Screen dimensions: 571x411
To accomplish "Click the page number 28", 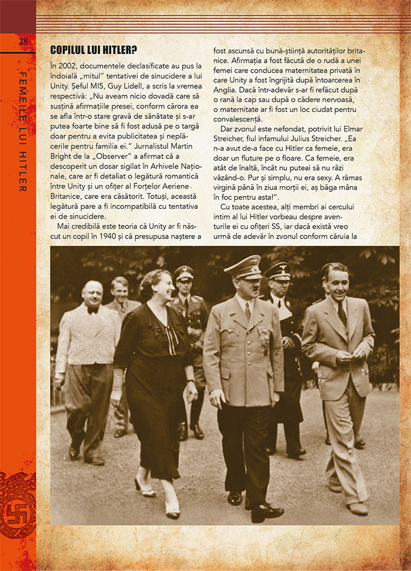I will coord(23,41).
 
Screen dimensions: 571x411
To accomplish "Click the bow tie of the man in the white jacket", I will coord(92,310).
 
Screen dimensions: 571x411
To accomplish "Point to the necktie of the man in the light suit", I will coord(341,314).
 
